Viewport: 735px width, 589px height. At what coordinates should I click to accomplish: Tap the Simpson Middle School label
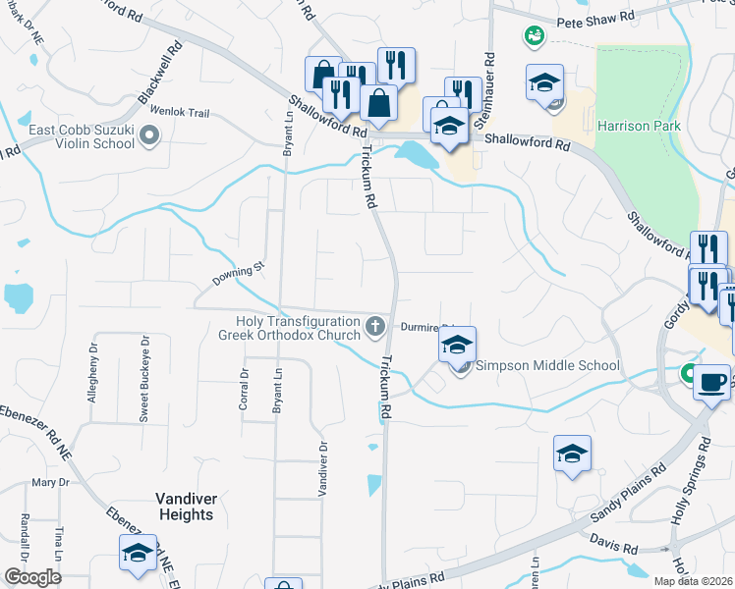coord(547,366)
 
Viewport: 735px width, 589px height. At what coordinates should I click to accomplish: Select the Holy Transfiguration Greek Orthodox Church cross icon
coord(374,326)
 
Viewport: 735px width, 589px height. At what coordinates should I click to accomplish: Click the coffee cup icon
coord(711,381)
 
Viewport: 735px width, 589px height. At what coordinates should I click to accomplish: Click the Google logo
coord(32,577)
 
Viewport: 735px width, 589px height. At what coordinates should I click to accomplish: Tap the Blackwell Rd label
coord(163,71)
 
